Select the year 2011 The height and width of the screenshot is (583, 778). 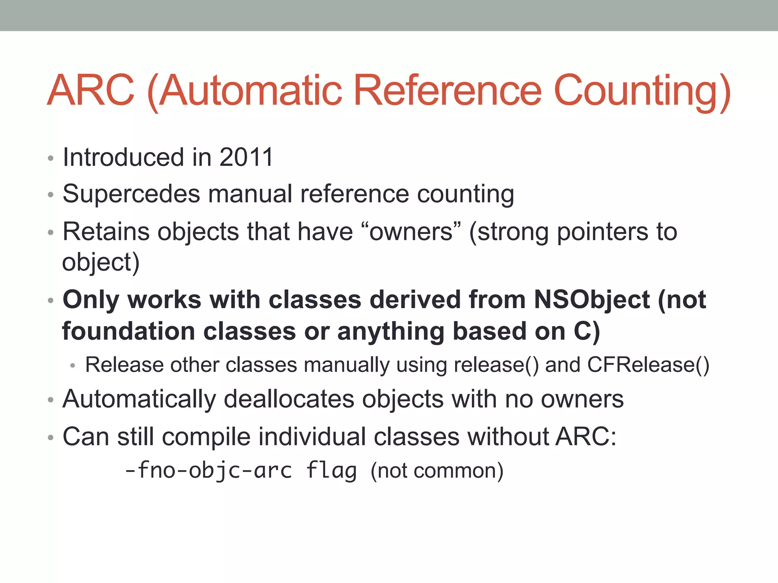pyautogui.click(x=246, y=157)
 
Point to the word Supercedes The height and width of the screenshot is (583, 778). pyautogui.click(x=131, y=194)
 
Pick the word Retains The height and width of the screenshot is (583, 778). pyautogui.click(x=106, y=232)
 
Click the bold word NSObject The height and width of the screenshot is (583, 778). pyautogui.click(x=592, y=300)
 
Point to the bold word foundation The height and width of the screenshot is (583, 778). pyautogui.click(x=129, y=331)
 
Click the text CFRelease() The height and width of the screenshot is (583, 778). pyautogui.click(x=648, y=365)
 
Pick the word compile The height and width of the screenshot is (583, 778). pyautogui.click(x=206, y=437)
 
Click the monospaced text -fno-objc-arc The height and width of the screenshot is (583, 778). pyautogui.click(x=209, y=471)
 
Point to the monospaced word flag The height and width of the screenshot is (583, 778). pyautogui.click(x=331, y=471)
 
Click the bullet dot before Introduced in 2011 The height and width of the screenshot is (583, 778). pyautogui.click(x=51, y=158)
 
